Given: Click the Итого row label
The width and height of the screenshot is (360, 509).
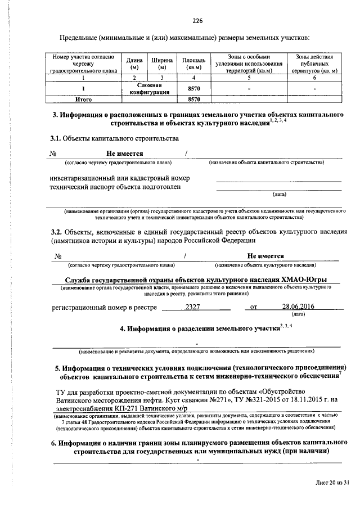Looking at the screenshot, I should [x=84, y=99].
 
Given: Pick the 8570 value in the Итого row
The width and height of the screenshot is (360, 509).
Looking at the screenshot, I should [x=193, y=99].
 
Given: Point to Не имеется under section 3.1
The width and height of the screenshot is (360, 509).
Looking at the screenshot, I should [x=125, y=154].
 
